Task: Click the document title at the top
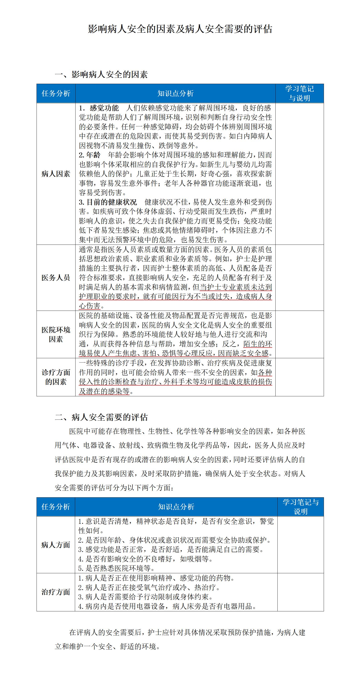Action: pyautogui.click(x=180, y=29)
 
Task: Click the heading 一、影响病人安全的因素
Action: pyautogui.click(x=101, y=75)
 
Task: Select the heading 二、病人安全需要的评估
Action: pyautogui.click(x=101, y=417)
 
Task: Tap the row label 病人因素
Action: pyautogui.click(x=56, y=174)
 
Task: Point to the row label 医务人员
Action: pyautogui.click(x=56, y=278)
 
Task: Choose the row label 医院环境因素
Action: pyautogui.click(x=56, y=334)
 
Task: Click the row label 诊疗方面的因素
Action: pyautogui.click(x=56, y=377)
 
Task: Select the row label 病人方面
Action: pyautogui.click(x=56, y=545)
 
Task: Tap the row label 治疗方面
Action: pyautogui.click(x=56, y=592)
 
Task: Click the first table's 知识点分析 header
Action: pyautogui.click(x=175, y=93)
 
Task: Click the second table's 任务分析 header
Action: pyautogui.click(x=56, y=507)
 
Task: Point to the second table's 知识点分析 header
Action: pyautogui.click(x=176, y=507)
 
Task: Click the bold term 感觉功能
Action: pyautogui.click(x=104, y=108)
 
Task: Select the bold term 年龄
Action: pyautogui.click(x=93, y=155)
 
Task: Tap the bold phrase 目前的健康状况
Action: pyautogui.click(x=111, y=202)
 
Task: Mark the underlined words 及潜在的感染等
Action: pyautogui.click(x=104, y=391)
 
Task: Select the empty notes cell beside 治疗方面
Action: pyautogui.click(x=300, y=592)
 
